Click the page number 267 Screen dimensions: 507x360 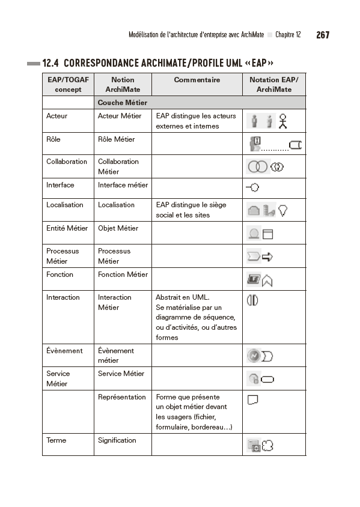click(322, 35)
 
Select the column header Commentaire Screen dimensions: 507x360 click(197, 80)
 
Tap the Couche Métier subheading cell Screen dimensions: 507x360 click(122, 103)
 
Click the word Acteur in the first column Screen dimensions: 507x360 click(57, 116)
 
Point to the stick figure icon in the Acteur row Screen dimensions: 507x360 click(283, 121)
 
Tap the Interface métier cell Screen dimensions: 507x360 click(123, 185)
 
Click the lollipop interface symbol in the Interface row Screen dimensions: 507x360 click(252, 188)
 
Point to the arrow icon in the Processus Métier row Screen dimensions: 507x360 click(267, 257)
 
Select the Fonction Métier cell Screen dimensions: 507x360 click(123, 275)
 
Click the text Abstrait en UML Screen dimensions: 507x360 click(180, 297)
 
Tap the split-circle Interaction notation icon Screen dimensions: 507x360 click(252, 300)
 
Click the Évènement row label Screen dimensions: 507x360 click(64, 351)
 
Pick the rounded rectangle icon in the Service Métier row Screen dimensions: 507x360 click(267, 378)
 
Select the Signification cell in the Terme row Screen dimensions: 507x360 click(117, 440)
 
